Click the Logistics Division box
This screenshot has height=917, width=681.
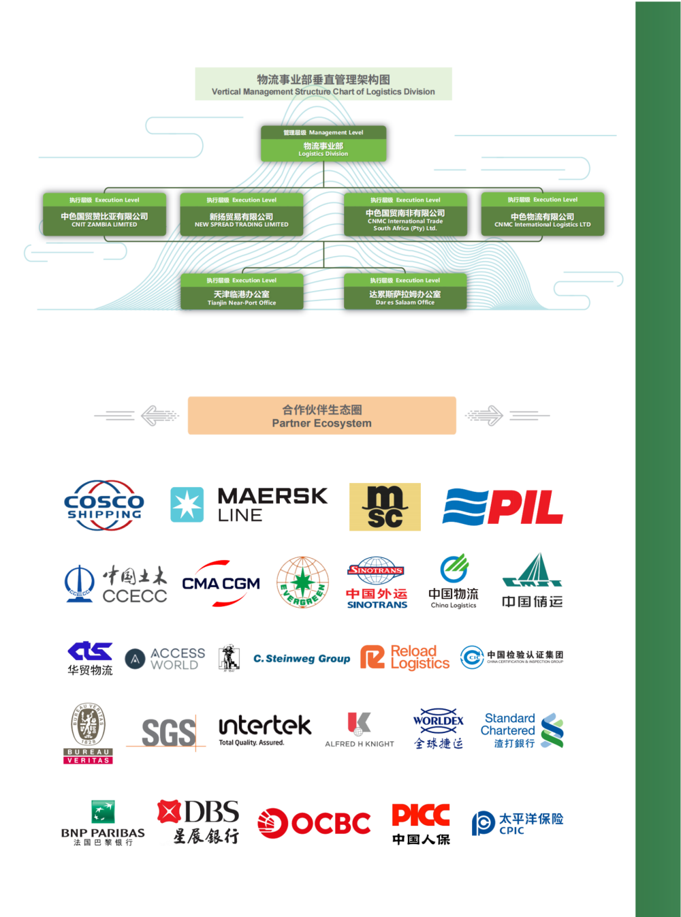[x=323, y=144]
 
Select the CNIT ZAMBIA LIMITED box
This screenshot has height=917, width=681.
[x=104, y=215]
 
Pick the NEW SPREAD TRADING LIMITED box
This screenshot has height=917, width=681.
[x=241, y=215]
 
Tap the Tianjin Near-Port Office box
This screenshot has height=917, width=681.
[x=242, y=292]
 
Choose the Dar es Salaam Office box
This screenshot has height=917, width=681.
[x=405, y=292]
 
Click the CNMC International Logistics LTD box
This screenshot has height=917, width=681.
[x=543, y=215]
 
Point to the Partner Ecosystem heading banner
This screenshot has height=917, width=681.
[x=322, y=416]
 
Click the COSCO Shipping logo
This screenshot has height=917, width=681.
[x=104, y=506]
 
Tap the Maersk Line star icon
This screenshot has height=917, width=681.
[x=187, y=505]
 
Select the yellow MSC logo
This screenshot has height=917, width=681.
[x=385, y=507]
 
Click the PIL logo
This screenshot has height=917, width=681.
[x=503, y=508]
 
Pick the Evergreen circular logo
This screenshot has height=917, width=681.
[x=302, y=582]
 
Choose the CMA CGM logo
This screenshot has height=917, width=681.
[x=221, y=584]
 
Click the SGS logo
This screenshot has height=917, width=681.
[x=168, y=733]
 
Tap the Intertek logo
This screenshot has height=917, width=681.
[x=265, y=729]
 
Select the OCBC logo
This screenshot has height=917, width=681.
[x=314, y=823]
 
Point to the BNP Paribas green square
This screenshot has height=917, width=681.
[x=103, y=811]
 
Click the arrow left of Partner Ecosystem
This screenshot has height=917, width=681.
[x=158, y=415]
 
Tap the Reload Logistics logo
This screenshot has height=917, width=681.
[x=405, y=657]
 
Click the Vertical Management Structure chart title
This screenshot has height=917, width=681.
[x=323, y=84]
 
